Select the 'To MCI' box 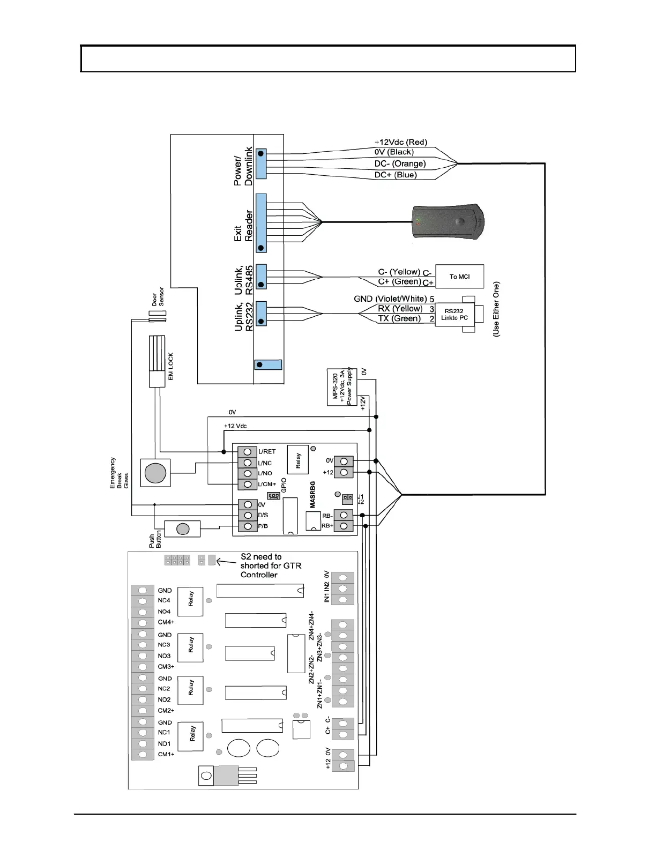click(x=459, y=277)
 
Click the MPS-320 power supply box click(x=342, y=387)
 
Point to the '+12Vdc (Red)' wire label click(x=400, y=142)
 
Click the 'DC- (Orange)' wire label click(x=400, y=163)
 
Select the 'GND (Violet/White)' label click(x=390, y=299)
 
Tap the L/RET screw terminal click(x=248, y=452)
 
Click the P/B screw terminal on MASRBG click(x=248, y=526)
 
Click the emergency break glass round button click(x=155, y=472)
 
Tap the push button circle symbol click(x=183, y=529)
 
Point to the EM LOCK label click(x=171, y=367)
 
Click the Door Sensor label click(x=158, y=296)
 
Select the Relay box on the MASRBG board click(x=297, y=460)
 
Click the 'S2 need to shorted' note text click(x=271, y=566)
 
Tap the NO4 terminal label click(x=164, y=612)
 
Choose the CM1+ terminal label click(x=166, y=754)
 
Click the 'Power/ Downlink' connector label click(x=243, y=166)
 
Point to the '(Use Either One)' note click(x=496, y=309)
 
